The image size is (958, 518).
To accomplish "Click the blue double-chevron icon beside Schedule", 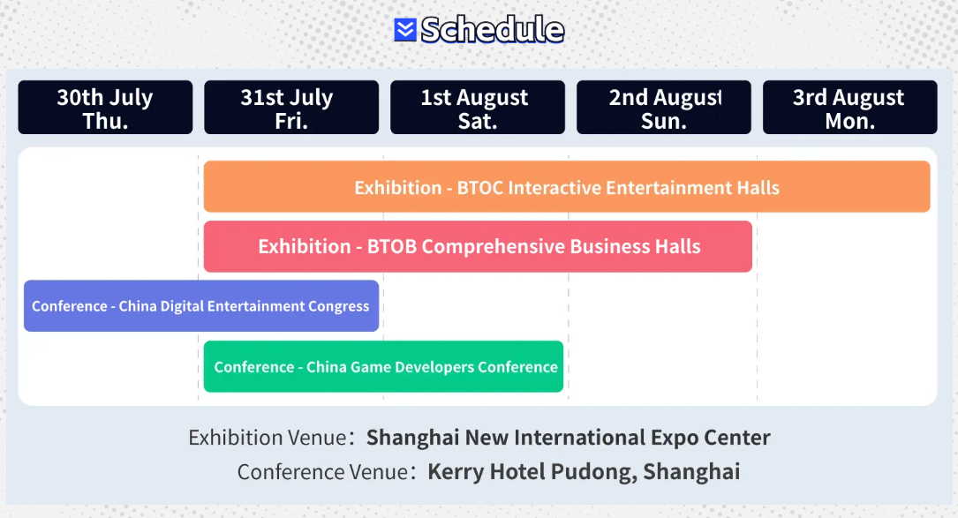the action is tap(405, 29).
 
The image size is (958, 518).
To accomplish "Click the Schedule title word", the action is tap(493, 29).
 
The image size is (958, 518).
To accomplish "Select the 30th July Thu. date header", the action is tap(105, 108).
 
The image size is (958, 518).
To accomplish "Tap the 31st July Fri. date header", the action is tap(291, 108).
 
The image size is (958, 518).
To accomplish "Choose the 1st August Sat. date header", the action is tap(478, 108).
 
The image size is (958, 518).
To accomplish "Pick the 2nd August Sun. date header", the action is tap(663, 108).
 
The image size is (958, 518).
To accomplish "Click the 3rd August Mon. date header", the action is tap(850, 108).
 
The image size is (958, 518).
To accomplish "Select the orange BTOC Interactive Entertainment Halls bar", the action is tap(567, 186).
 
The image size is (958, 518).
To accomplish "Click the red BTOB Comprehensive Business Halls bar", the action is tap(478, 246).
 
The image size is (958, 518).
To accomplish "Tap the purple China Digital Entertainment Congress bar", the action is tap(201, 306).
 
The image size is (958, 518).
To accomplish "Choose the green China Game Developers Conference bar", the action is tap(384, 366).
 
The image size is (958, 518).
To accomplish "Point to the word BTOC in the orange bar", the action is tap(480, 188).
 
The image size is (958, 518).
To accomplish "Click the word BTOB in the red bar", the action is tap(392, 246).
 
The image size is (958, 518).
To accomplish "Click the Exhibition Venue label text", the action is tap(268, 438).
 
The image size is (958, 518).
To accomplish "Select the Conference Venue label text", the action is tap(322, 471).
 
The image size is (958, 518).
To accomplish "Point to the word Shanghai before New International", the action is tap(412, 438).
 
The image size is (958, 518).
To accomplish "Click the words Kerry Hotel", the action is tap(487, 471).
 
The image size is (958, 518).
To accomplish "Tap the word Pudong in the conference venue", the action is tap(593, 472).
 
